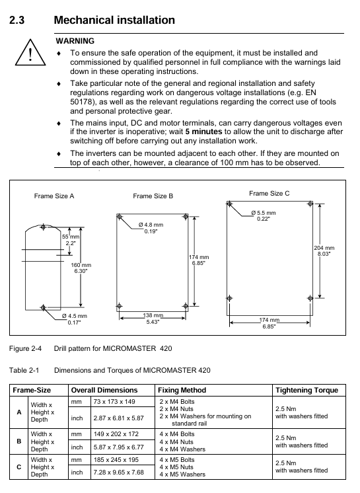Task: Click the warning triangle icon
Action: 30,52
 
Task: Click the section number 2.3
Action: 17,20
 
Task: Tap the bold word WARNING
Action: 75,41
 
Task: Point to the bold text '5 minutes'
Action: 203,132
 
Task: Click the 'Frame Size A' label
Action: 54,196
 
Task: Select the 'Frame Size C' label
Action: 270,193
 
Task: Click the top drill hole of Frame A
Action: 44,227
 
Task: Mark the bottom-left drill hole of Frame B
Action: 120,306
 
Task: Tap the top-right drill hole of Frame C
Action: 310,204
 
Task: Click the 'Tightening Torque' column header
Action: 306,390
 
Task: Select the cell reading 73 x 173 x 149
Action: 114,402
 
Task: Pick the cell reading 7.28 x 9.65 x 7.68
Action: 118,473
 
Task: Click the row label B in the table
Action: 19,441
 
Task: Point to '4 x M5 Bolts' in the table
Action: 177,460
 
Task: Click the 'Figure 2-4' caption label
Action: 25,348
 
